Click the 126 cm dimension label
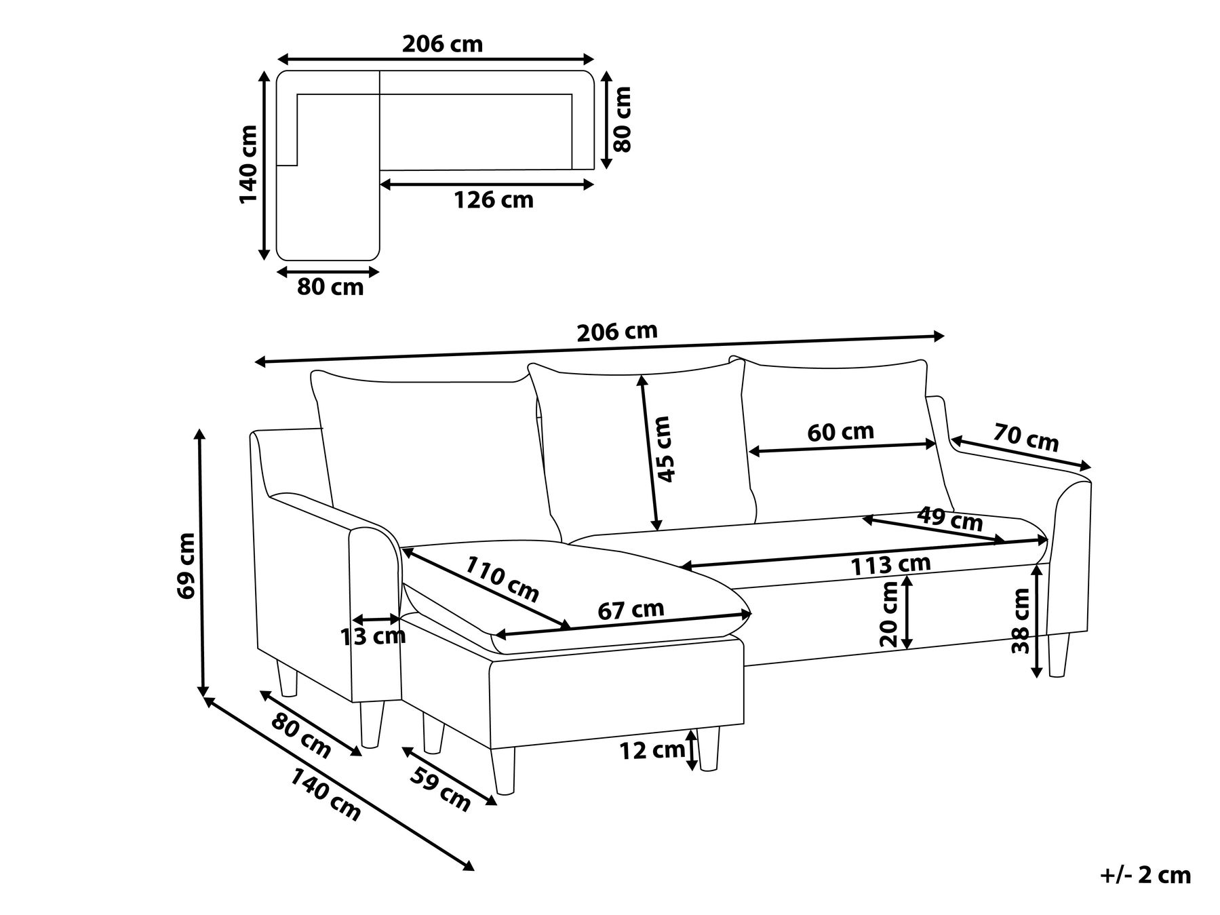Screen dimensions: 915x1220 coord(493,201)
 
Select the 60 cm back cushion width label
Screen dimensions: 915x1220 coord(841,432)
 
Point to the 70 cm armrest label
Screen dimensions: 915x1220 coord(1026,437)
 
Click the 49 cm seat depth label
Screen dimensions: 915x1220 coord(949,520)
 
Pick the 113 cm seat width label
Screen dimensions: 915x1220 coord(890,564)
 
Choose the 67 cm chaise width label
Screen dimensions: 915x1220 coord(631,610)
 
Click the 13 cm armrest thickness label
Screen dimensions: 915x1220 coord(372,636)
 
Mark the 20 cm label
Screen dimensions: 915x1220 coord(888,615)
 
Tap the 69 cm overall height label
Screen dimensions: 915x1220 coord(185,565)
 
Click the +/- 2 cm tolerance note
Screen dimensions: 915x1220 coord(1145,876)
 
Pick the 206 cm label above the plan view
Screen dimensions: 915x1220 coord(442,44)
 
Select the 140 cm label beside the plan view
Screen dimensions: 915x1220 coord(249,164)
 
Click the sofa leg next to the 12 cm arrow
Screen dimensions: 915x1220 coord(709,749)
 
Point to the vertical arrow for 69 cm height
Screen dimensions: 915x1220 coord(201,562)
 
